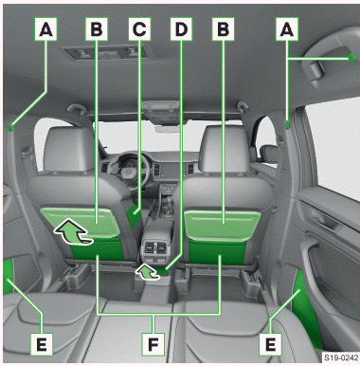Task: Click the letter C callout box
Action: click(x=139, y=29)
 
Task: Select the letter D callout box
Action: click(x=181, y=29)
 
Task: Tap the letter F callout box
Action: click(x=153, y=344)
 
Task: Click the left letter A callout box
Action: click(x=46, y=29)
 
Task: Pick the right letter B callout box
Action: click(x=224, y=29)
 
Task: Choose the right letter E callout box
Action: click(x=270, y=344)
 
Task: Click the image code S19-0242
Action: click(x=341, y=357)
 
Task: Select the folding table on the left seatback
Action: click(x=81, y=222)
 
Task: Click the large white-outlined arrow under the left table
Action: click(x=72, y=232)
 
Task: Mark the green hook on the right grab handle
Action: click(x=351, y=57)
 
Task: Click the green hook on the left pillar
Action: click(x=9, y=128)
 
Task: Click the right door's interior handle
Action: click(x=325, y=218)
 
